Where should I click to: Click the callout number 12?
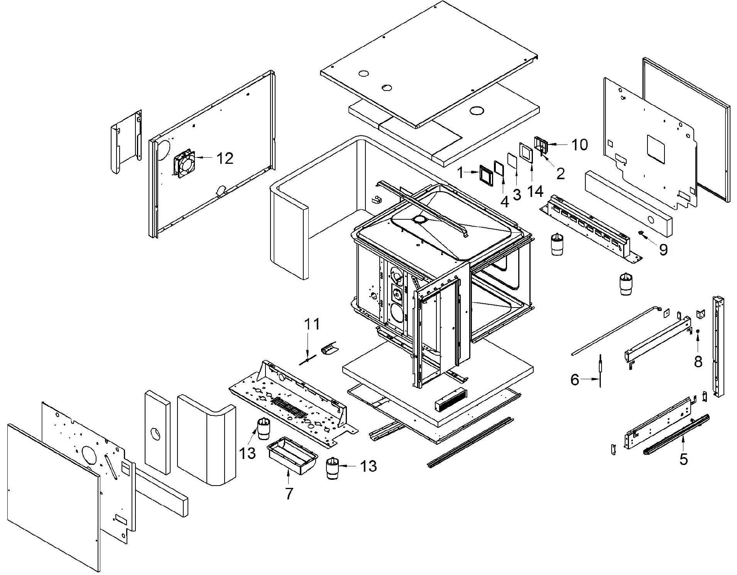point(225,158)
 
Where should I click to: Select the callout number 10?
point(580,145)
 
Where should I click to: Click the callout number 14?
point(535,191)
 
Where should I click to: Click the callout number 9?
point(663,250)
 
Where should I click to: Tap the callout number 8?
point(698,361)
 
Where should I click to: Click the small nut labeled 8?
point(698,331)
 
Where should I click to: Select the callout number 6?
point(575,380)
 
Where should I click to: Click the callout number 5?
point(684,459)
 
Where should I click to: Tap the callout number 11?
point(312,324)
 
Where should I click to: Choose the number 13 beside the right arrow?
point(368,466)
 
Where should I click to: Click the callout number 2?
point(561,174)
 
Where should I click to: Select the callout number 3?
point(517,195)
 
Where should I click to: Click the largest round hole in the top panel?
point(477,111)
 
